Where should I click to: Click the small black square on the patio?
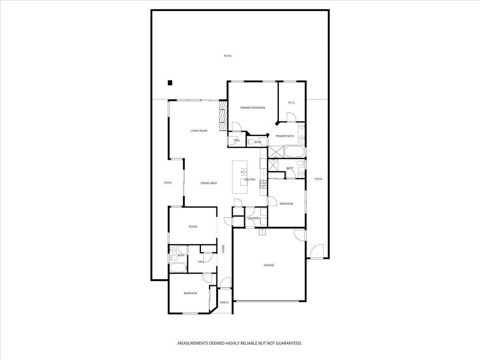[x=170, y=83]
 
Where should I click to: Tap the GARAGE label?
[x=269, y=265]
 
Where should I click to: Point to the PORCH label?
[x=224, y=302]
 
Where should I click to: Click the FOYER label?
[x=224, y=249]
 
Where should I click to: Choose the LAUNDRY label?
[x=254, y=218]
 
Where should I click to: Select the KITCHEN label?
[x=250, y=180]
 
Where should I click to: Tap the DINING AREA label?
[x=208, y=183]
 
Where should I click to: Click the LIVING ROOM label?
[x=198, y=131]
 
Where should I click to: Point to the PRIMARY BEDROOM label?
[x=252, y=108]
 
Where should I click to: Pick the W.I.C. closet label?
[x=292, y=103]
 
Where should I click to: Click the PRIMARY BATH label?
[x=284, y=136]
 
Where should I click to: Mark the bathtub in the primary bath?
[x=294, y=152]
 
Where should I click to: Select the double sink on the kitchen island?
[x=243, y=172]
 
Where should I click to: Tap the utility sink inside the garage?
[x=262, y=232]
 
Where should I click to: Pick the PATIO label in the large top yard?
[x=227, y=56]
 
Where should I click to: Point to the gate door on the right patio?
[x=316, y=252]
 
